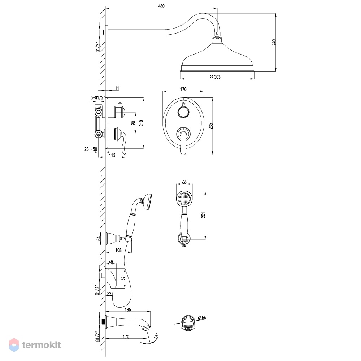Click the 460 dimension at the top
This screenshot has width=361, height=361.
point(161,6)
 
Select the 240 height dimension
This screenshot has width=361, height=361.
point(274,42)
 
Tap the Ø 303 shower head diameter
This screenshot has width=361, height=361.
point(215,77)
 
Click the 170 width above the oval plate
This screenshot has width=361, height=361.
point(183,89)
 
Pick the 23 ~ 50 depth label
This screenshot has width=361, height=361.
point(91,149)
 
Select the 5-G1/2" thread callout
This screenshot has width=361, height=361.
point(98,97)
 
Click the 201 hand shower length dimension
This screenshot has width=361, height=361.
point(203,215)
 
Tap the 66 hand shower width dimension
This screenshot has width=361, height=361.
point(184,182)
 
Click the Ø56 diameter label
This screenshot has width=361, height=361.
point(202,318)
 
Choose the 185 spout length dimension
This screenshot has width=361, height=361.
point(127,309)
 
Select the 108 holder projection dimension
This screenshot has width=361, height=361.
point(118,250)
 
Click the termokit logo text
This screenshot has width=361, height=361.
point(42,345)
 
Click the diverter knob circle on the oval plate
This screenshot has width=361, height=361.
point(183,113)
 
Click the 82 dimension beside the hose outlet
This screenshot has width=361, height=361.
point(123,278)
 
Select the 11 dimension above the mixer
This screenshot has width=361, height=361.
point(117,88)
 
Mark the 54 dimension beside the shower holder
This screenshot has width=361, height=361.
point(99,239)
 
